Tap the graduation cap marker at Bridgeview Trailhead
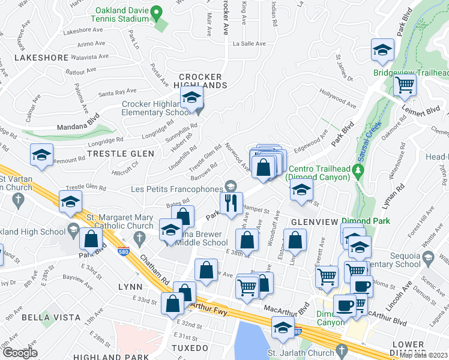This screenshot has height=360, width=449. pyautogui.click(x=382, y=51)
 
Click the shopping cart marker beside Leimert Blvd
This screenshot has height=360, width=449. pyautogui.click(x=405, y=85)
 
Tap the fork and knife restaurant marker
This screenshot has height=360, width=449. pyautogui.click(x=231, y=203)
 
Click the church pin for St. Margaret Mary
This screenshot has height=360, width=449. pyautogui.click(x=139, y=238)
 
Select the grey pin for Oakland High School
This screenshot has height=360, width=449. pyautogui.click(x=73, y=228)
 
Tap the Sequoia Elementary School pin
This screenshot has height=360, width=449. pyautogui.click(x=427, y=259)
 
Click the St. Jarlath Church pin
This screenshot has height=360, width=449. pyautogui.click(x=342, y=349)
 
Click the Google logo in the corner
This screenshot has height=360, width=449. pyautogui.click(x=19, y=353)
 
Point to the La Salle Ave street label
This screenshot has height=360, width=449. pyautogui.click(x=249, y=44)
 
